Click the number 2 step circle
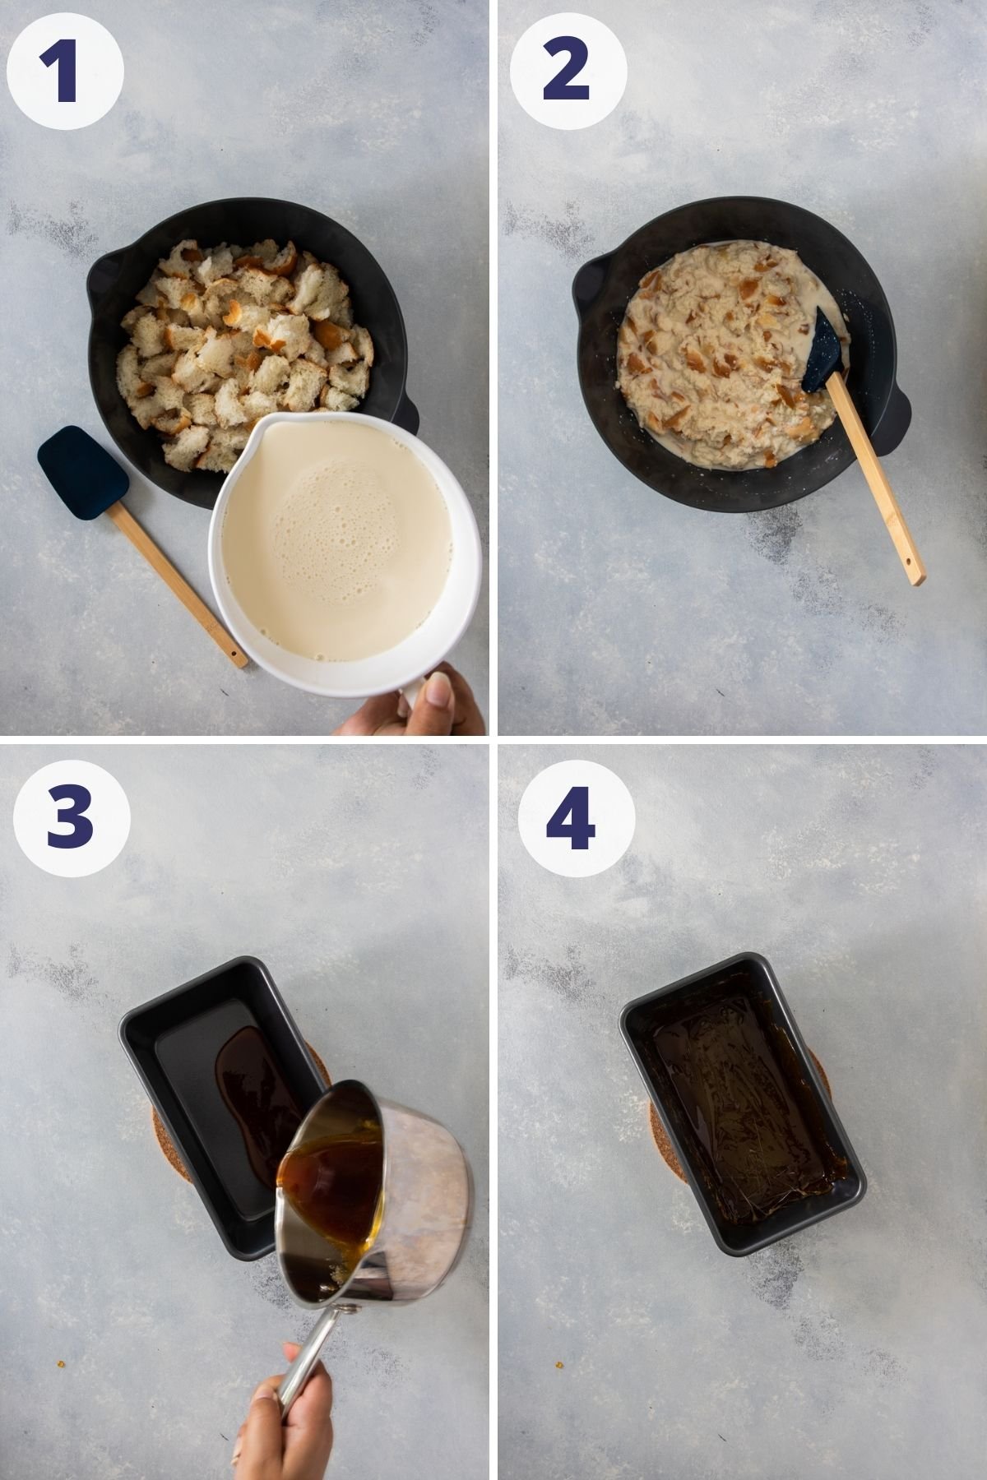tap(568, 72)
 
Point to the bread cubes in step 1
tap(239, 345)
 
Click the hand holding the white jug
tap(419, 707)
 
